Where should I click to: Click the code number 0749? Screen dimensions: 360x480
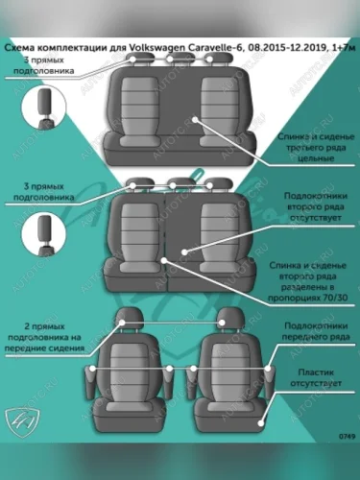347,436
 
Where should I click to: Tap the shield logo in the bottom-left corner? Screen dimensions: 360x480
22,420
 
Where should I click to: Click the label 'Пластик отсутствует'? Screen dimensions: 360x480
316,377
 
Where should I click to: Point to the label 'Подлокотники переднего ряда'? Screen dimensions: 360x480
316,331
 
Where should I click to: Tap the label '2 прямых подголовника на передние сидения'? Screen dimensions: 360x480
44,337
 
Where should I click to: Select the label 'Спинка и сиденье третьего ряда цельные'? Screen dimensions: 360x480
316,148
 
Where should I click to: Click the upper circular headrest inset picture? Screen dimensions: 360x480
44,108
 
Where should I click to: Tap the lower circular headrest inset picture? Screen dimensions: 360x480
44,234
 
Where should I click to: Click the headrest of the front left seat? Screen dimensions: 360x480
129,318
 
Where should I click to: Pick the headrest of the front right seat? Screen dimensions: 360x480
230,318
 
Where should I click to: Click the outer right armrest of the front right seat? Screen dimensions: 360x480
270,381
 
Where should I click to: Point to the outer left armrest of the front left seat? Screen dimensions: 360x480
90,382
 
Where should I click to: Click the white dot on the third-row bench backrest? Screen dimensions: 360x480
195,120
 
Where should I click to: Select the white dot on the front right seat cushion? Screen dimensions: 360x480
261,423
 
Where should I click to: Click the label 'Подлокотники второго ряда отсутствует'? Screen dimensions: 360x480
316,206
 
